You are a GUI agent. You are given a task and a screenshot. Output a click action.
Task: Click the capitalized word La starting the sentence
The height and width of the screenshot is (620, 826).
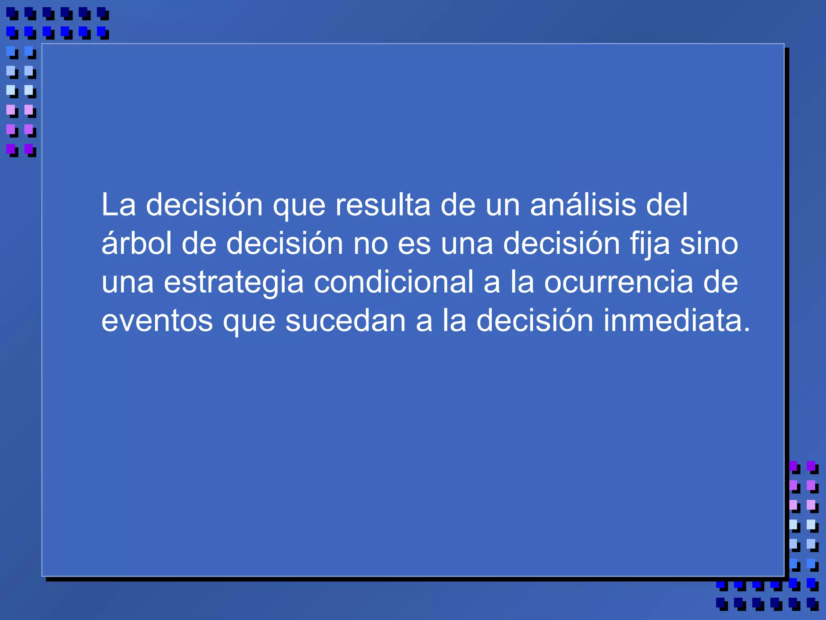118,205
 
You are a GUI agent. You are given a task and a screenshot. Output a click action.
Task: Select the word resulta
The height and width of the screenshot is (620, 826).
383,205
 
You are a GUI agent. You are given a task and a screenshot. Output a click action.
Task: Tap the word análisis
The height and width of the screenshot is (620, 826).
583,205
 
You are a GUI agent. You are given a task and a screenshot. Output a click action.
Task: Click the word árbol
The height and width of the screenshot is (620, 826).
136,244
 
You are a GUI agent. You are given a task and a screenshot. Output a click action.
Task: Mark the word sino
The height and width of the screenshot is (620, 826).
709,244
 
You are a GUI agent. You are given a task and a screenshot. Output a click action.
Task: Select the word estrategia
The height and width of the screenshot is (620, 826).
234,283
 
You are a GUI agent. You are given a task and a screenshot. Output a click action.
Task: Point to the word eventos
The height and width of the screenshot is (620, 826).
157,321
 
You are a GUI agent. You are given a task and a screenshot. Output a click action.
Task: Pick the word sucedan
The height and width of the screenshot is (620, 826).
345,321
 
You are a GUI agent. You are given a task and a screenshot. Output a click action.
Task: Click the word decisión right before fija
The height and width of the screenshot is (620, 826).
561,244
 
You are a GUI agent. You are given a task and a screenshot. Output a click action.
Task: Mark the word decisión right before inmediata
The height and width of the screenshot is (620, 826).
535,321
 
